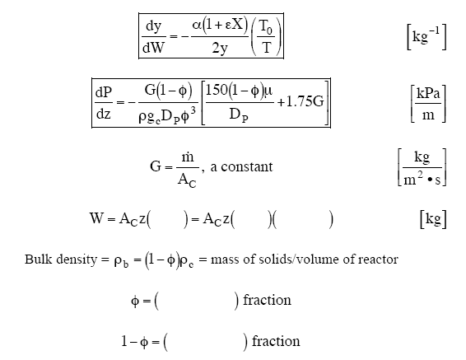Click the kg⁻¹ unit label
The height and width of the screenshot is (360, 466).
pyautogui.click(x=426, y=37)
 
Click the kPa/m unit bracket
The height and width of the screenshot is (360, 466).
pyautogui.click(x=428, y=104)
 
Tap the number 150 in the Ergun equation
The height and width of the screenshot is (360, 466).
pyautogui.click(x=217, y=90)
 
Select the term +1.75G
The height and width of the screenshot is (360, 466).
pyautogui.click(x=301, y=101)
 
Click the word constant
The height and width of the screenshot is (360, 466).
pyautogui.click(x=247, y=166)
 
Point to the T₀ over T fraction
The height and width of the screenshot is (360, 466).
pyautogui.click(x=266, y=36)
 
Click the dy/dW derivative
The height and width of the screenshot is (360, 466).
pyautogui.click(x=153, y=36)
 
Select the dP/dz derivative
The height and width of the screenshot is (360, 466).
pyautogui.click(x=104, y=103)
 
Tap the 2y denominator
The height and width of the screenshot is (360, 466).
pyautogui.click(x=220, y=48)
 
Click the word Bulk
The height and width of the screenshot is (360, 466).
pyautogui.click(x=39, y=259)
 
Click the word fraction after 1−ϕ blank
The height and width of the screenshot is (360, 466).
pyautogui.click(x=276, y=341)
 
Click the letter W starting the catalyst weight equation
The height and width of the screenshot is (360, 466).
pyautogui.click(x=96, y=218)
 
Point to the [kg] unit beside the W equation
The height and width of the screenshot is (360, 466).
pyautogui.click(x=433, y=219)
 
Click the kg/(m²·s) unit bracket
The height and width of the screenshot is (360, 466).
pyautogui.click(x=422, y=167)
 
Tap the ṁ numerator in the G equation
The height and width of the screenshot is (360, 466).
pyautogui.click(x=187, y=157)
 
